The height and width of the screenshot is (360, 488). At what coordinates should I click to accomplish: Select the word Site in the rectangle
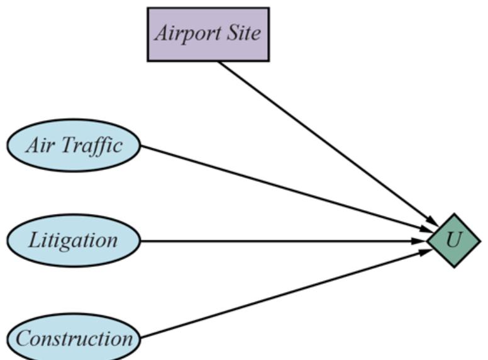[x=245, y=33]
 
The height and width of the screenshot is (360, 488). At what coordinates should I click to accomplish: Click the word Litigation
[x=74, y=240]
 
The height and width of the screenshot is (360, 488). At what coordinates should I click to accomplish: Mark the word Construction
[x=74, y=339]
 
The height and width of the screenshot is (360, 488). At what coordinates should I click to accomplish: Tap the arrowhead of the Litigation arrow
[x=421, y=240]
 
